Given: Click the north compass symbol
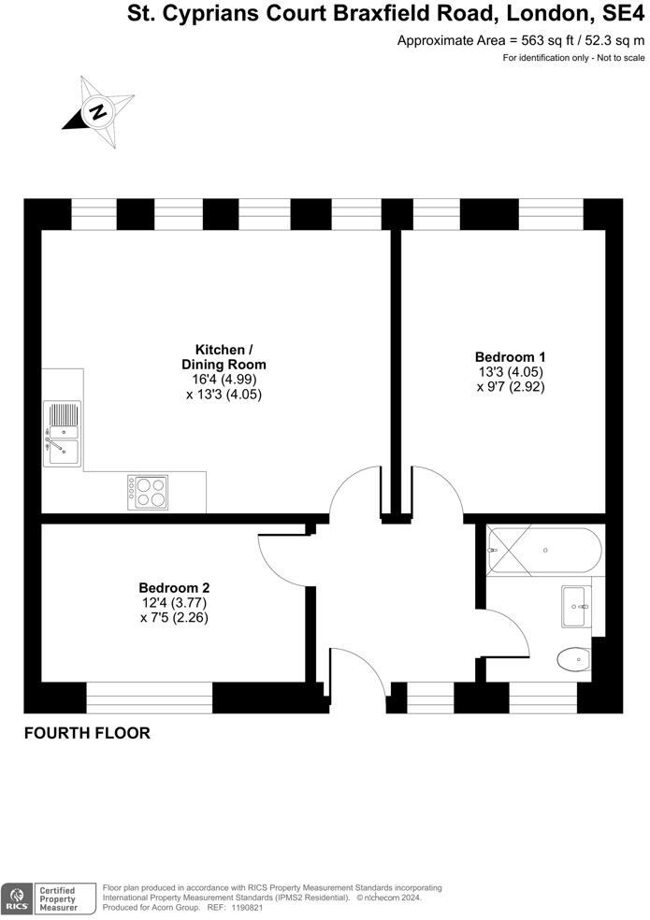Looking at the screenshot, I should click(97, 112).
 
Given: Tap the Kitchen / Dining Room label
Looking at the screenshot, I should click(224, 356).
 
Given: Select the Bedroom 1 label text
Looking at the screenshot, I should click(510, 356).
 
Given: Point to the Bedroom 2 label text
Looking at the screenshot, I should click(174, 587).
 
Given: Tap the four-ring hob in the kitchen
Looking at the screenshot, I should click(148, 493).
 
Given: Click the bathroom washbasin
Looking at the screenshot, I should click(574, 607).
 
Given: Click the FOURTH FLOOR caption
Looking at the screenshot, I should click(87, 734).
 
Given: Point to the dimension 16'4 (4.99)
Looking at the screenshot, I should click(224, 380).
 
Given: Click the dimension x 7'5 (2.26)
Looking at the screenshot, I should click(174, 617).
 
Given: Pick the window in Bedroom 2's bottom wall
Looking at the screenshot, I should click(150, 697).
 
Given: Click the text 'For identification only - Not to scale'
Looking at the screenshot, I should click(574, 58).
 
